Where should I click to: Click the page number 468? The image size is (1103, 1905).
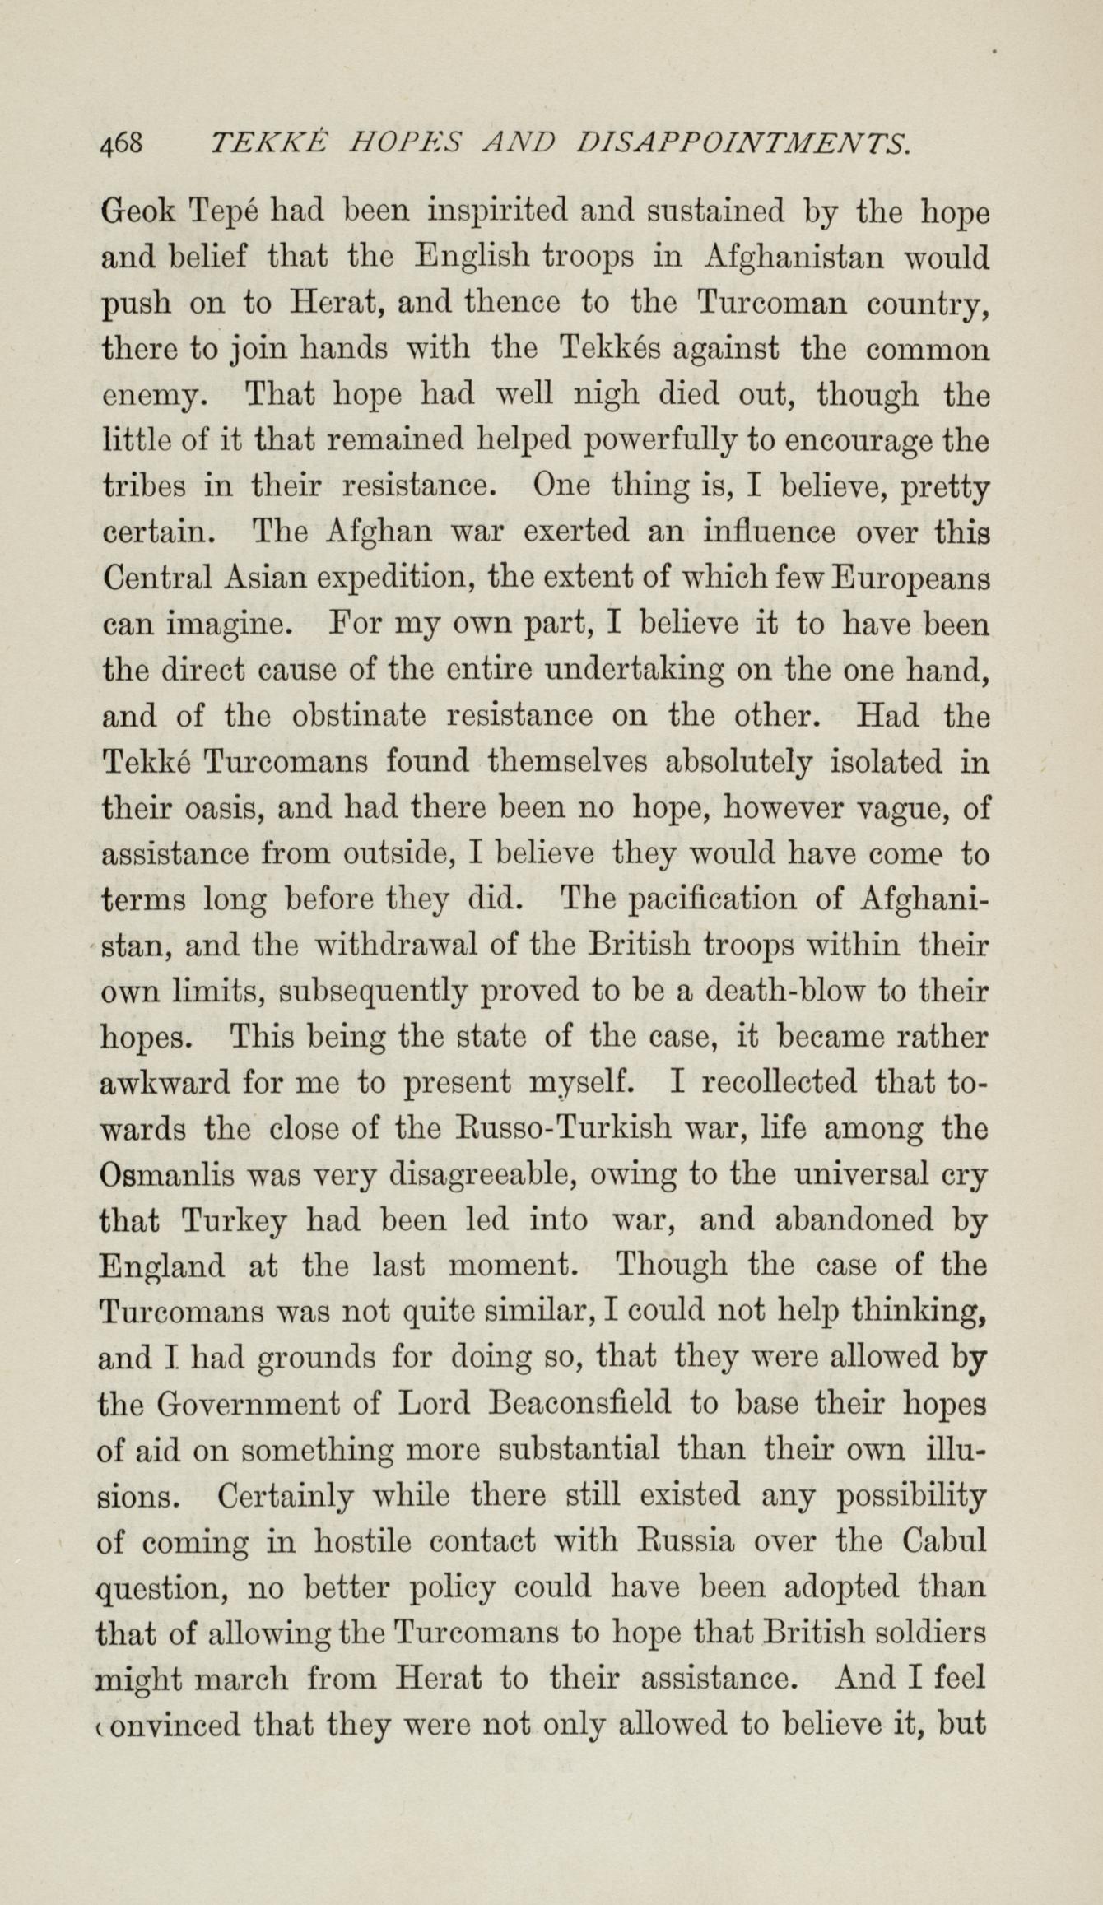click(122, 145)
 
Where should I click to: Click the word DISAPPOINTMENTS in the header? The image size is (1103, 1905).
click(744, 145)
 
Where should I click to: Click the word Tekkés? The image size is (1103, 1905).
click(612, 350)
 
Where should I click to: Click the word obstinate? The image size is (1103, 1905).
click(360, 717)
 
